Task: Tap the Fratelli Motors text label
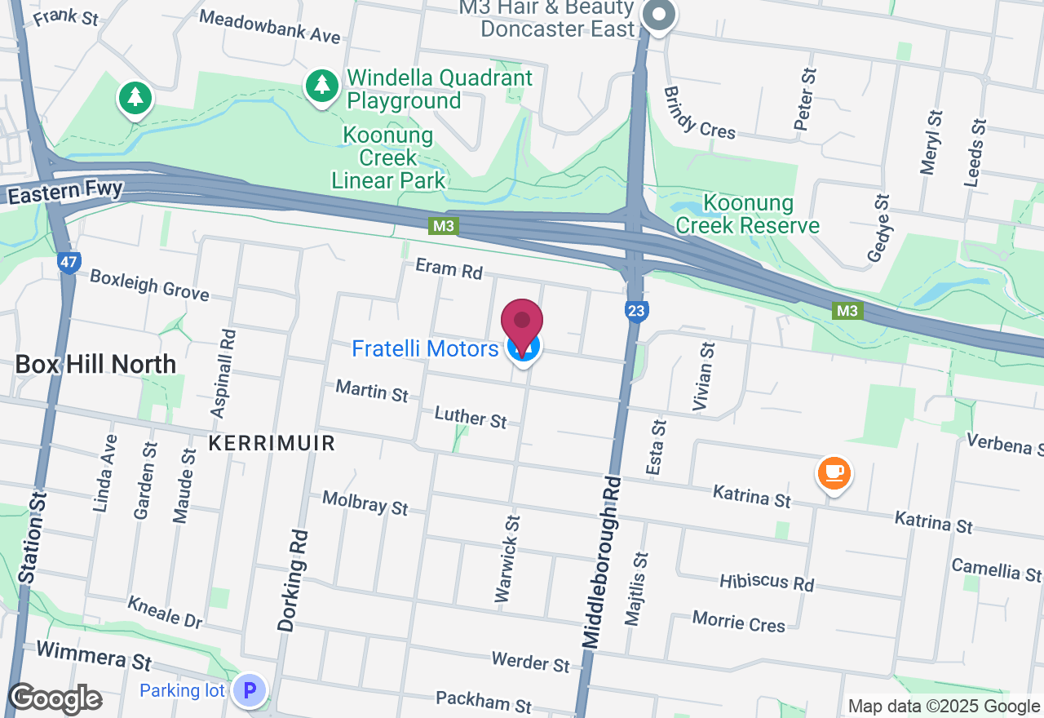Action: click(x=425, y=349)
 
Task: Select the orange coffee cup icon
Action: click(x=834, y=472)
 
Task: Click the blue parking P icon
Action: click(x=250, y=690)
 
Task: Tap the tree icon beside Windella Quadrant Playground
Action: click(x=322, y=85)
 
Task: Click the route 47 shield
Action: click(x=69, y=263)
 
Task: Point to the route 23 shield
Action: click(x=636, y=310)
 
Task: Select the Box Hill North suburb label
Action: click(x=95, y=364)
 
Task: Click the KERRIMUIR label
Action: click(x=272, y=443)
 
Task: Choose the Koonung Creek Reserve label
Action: click(x=747, y=214)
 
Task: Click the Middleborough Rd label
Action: click(x=604, y=562)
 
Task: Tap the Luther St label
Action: click(x=471, y=417)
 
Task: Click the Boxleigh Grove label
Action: click(x=149, y=285)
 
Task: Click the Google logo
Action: click(x=55, y=698)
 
